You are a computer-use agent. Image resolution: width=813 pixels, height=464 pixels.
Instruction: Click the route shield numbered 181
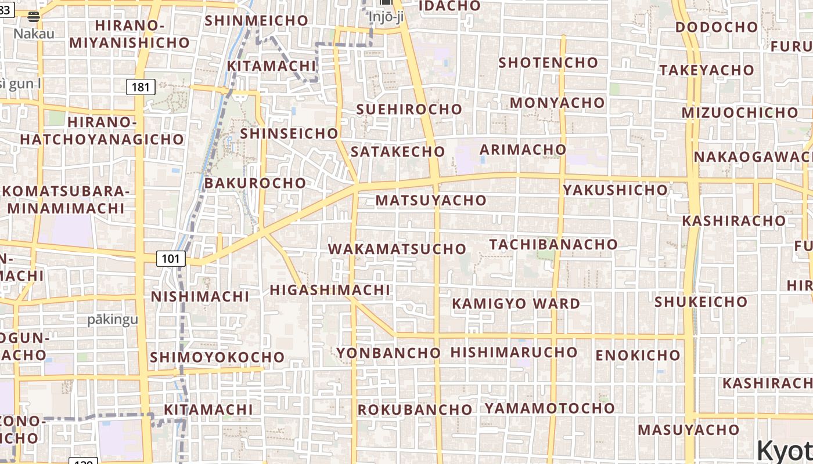pyautogui.click(x=141, y=88)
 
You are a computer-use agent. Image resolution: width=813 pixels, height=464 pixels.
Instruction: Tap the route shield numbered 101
pyautogui.click(x=171, y=259)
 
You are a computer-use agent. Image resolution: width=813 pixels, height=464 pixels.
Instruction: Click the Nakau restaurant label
pyautogui.click(x=34, y=33)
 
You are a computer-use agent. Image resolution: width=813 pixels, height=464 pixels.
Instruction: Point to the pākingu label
pyautogui.click(x=113, y=320)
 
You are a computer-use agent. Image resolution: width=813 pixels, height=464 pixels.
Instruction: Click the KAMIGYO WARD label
pyautogui.click(x=516, y=303)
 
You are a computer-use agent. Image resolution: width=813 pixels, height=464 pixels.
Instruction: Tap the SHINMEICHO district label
pyautogui.click(x=256, y=20)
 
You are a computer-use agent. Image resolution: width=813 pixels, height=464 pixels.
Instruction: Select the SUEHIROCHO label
pyautogui.click(x=409, y=109)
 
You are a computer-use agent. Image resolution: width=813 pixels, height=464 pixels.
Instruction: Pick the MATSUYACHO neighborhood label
pyautogui.click(x=431, y=201)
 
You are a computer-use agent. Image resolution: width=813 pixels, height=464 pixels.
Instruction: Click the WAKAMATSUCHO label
pyautogui.click(x=397, y=249)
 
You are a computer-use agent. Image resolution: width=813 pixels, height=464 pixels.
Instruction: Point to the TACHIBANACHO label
pyautogui.click(x=553, y=244)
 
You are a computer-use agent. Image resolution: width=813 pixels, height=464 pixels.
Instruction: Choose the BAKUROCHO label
pyautogui.click(x=255, y=183)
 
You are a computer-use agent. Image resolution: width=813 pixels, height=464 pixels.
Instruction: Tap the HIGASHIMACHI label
pyautogui.click(x=330, y=289)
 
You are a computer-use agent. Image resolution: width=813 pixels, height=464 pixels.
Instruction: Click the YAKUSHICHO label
pyautogui.click(x=616, y=190)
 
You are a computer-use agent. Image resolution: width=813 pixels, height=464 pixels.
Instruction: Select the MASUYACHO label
pyautogui.click(x=688, y=430)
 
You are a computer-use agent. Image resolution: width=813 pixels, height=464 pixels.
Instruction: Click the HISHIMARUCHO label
pyautogui.click(x=514, y=352)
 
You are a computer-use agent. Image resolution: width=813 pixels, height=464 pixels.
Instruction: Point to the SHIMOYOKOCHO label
pyautogui.click(x=217, y=357)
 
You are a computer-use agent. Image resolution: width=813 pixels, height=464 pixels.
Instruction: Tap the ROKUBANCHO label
pyautogui.click(x=415, y=409)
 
